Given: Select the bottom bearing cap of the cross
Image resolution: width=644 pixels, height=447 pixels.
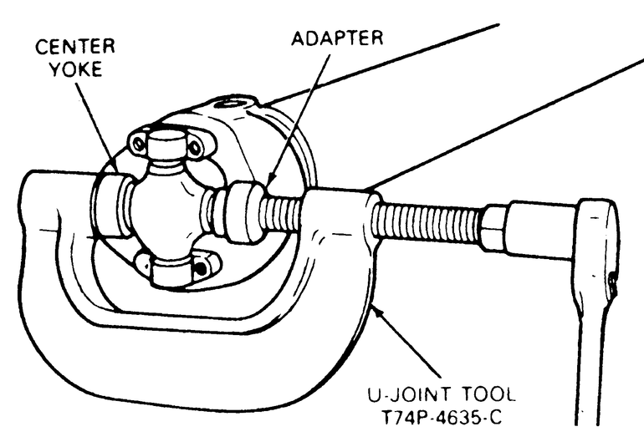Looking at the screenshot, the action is point(176,269).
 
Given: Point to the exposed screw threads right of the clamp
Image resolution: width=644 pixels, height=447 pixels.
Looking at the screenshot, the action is point(426,224).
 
